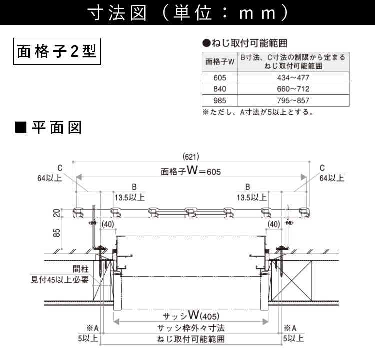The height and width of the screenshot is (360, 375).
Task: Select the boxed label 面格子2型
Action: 56,51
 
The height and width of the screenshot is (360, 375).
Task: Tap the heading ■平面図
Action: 48,128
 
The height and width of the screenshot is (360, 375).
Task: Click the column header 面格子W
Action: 220,62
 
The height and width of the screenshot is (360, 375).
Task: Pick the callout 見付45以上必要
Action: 60,279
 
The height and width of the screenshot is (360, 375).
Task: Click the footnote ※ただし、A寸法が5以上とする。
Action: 258,112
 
